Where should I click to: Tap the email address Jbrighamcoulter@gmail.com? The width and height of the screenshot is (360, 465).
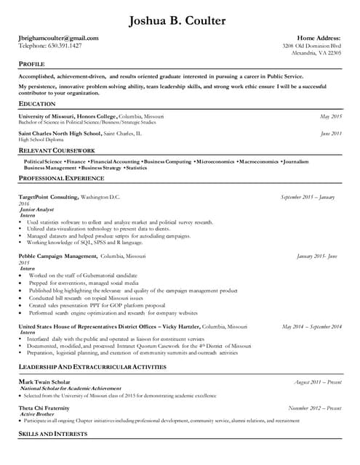(58, 38)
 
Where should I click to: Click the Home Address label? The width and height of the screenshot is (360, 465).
(319, 38)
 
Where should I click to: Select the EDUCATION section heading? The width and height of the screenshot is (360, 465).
(36, 104)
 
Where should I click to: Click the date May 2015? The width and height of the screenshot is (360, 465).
(330, 116)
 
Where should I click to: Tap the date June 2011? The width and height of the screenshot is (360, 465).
(330, 134)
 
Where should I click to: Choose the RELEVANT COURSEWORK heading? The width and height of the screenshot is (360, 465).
(57, 150)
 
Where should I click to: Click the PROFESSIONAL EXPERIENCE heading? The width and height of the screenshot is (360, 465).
(61, 178)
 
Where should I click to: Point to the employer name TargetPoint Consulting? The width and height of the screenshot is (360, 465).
(48, 197)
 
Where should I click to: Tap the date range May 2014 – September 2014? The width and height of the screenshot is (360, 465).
(311, 327)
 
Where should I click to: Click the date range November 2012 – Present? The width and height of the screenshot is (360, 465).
(314, 408)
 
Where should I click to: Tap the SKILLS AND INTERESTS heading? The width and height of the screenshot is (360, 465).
(52, 434)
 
